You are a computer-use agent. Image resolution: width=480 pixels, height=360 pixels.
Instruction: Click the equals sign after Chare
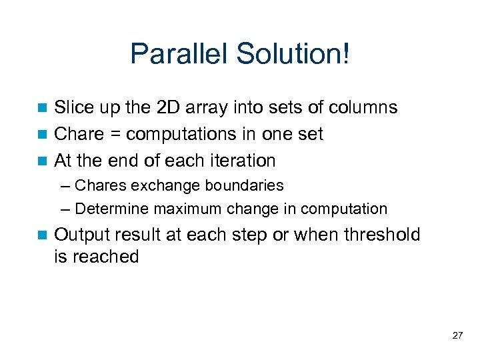point(115,135)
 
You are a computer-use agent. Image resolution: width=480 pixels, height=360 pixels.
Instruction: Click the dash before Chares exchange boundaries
point(69,185)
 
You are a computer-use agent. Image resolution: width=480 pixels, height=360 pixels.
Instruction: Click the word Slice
point(73,107)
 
